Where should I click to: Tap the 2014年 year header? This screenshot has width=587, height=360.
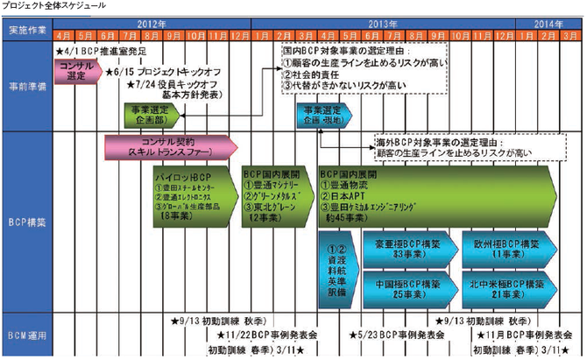546,23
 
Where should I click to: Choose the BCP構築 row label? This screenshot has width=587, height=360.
28,222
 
